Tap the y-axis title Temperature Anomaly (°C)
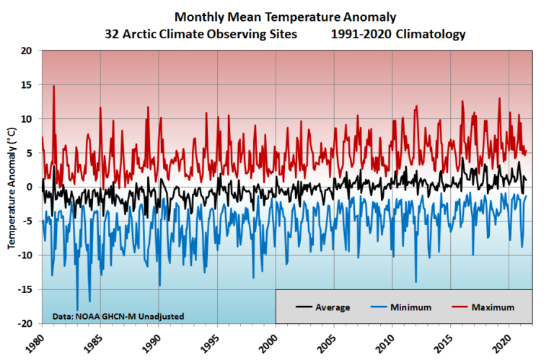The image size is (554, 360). tap(12, 187)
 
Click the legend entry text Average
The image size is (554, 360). tap(333, 307)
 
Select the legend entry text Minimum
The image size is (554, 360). tap(411, 307)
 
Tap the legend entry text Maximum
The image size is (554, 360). tap(493, 307)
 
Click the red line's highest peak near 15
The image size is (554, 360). tap(53, 86)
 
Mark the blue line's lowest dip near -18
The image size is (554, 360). tap(77, 309)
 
